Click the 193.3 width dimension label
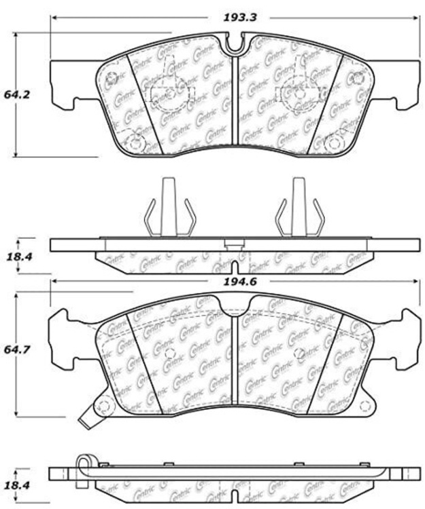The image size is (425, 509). [x=239, y=18]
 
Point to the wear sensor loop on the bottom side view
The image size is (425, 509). [x=83, y=464]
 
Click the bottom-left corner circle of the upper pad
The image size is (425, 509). [x=136, y=143]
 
